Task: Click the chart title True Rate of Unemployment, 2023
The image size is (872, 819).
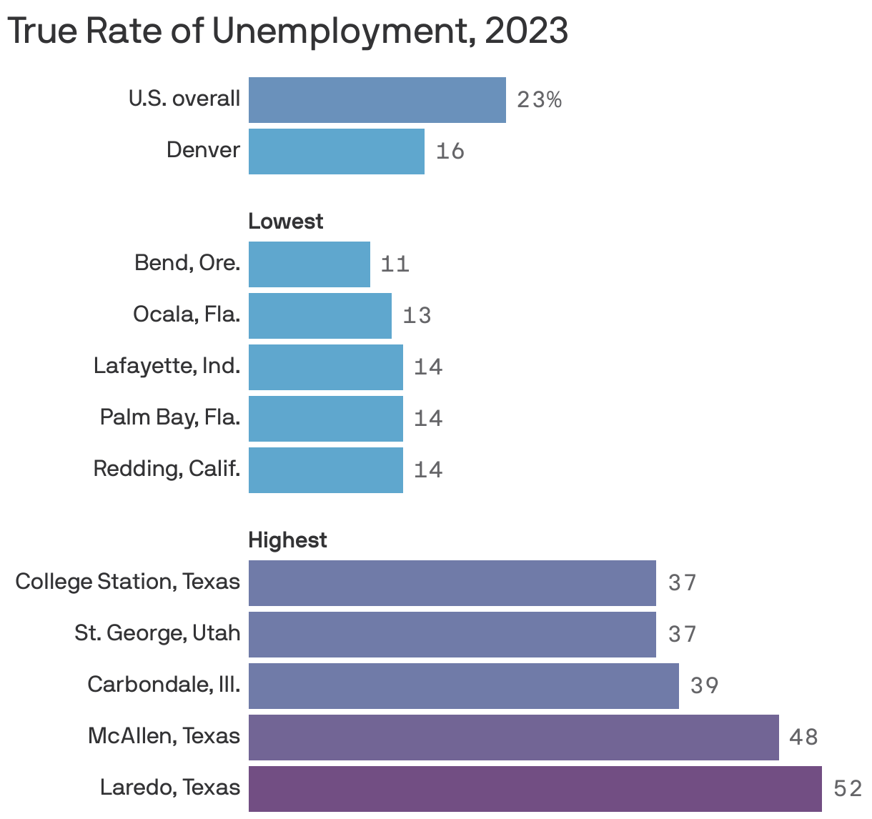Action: click(x=287, y=31)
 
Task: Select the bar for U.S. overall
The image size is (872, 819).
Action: click(x=377, y=100)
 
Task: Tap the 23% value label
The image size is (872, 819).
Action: click(x=539, y=100)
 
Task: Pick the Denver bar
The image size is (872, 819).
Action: click(x=336, y=152)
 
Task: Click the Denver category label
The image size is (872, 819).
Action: click(x=203, y=150)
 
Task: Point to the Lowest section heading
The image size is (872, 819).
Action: click(x=285, y=222)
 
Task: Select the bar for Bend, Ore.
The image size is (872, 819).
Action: click(x=309, y=264)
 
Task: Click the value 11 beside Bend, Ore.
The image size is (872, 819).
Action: click(x=395, y=264)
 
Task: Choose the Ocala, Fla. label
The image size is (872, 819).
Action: click(x=186, y=314)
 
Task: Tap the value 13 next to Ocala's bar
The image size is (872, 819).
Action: click(x=417, y=316)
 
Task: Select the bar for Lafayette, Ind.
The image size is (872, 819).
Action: click(x=325, y=367)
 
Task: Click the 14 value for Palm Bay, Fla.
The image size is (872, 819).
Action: click(x=428, y=419)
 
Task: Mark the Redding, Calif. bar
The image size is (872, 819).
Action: click(x=325, y=470)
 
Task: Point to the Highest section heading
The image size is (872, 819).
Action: click(x=287, y=540)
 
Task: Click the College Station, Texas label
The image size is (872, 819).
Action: click(x=127, y=582)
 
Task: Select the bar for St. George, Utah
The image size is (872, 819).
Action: click(x=452, y=635)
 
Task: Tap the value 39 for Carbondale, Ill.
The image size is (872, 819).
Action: click(x=704, y=686)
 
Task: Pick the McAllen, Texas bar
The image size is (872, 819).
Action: click(x=513, y=738)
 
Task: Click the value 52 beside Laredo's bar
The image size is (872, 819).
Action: click(x=848, y=789)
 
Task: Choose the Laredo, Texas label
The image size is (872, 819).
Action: click(x=169, y=788)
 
